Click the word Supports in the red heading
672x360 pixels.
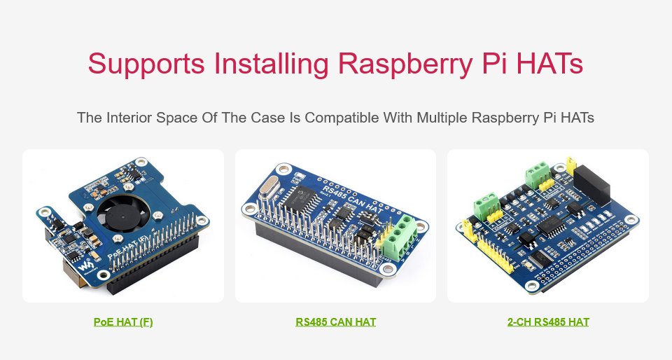[x=146, y=64]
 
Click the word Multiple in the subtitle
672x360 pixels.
[x=442, y=118]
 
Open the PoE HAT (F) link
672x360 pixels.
[x=123, y=322]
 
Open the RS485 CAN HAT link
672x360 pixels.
[x=335, y=322]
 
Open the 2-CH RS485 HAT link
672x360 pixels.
[x=548, y=322]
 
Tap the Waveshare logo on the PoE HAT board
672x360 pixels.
[x=85, y=268]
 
